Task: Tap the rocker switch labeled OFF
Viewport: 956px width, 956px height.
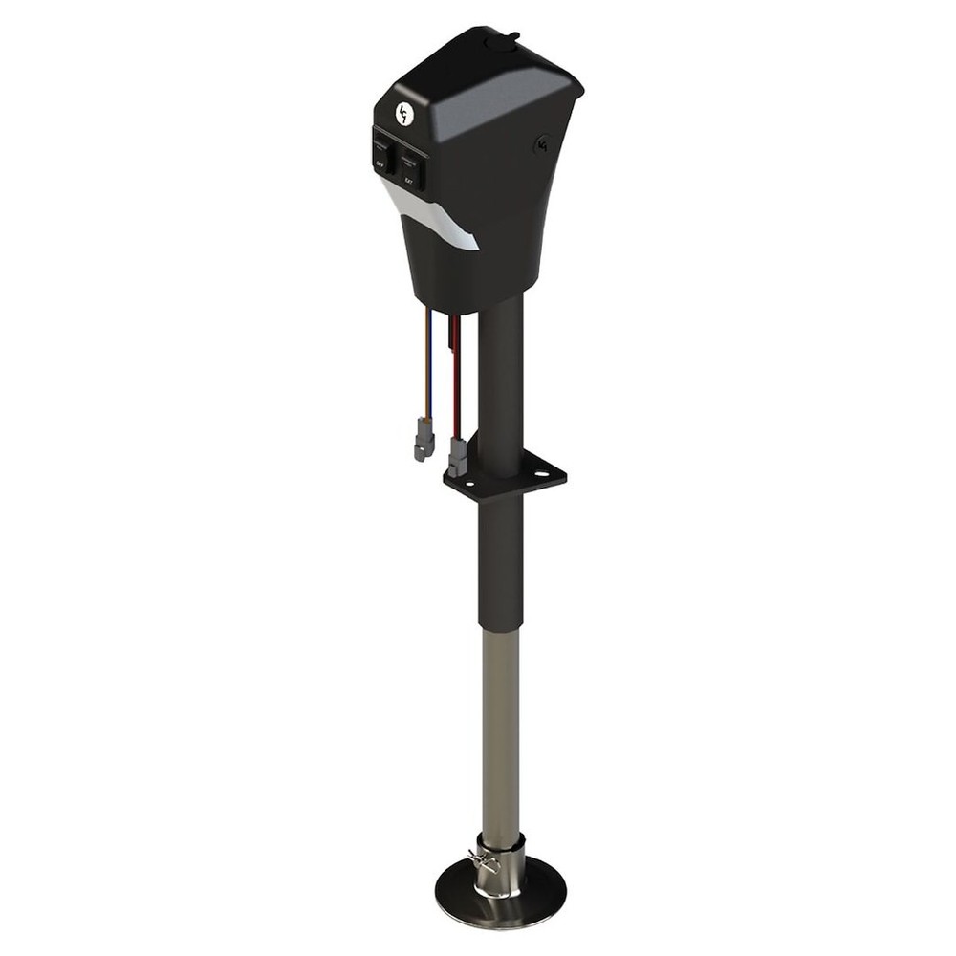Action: [x=382, y=154]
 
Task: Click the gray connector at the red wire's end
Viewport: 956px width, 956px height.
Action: [x=457, y=457]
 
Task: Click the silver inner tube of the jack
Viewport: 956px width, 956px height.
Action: [x=501, y=727]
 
